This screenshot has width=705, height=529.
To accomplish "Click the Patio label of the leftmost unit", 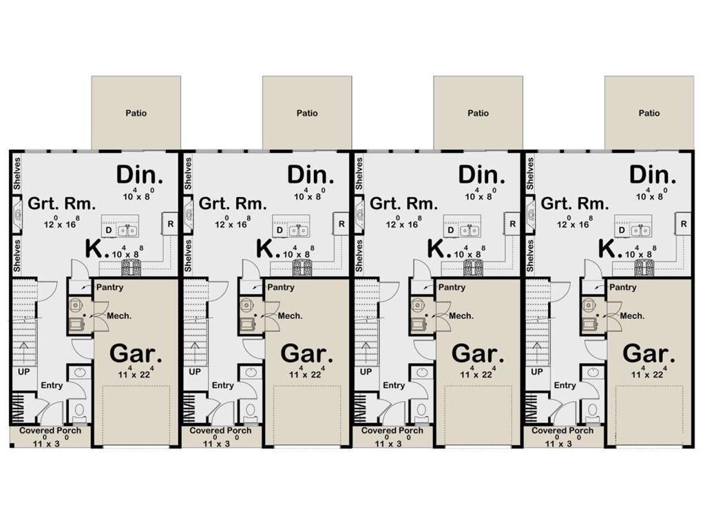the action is [x=136, y=113].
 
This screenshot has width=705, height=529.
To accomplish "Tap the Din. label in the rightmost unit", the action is [x=653, y=175].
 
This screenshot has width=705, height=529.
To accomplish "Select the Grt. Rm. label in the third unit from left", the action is [x=403, y=204].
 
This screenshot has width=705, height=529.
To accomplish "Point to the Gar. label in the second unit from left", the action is [x=306, y=354].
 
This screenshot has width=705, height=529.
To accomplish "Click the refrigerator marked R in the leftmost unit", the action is [x=170, y=224].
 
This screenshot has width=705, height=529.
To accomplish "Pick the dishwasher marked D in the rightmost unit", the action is [x=622, y=230].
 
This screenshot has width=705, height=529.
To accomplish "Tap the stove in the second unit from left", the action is [x=302, y=269].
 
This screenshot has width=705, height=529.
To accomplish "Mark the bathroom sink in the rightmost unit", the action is [x=593, y=373].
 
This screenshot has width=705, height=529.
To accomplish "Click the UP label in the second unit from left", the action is [x=195, y=372].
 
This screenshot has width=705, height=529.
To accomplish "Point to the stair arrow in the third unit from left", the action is [x=366, y=349].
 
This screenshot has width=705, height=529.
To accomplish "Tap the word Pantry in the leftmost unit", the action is [x=109, y=287].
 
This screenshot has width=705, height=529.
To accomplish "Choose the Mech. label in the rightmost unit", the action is [x=632, y=316].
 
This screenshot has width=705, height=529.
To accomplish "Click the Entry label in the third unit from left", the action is [x=394, y=386].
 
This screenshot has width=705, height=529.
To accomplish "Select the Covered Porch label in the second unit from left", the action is [x=220, y=431].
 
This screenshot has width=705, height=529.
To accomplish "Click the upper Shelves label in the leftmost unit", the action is [x=17, y=173].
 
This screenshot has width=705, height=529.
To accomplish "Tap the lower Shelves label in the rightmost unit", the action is [x=530, y=256].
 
